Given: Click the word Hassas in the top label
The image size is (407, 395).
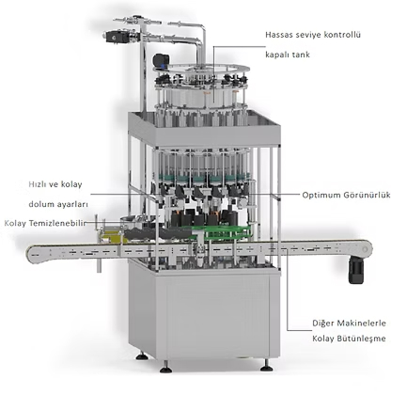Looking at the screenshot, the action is (278, 35).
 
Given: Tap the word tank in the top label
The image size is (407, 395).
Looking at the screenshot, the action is (302, 55).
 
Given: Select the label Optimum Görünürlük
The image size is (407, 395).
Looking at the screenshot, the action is (346, 195).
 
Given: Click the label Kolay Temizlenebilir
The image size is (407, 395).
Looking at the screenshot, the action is (45, 223).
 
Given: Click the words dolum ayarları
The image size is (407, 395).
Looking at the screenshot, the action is (58, 204).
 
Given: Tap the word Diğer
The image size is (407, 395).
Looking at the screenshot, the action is (322, 324).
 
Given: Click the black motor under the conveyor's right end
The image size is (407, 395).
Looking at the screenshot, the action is (356, 269).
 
